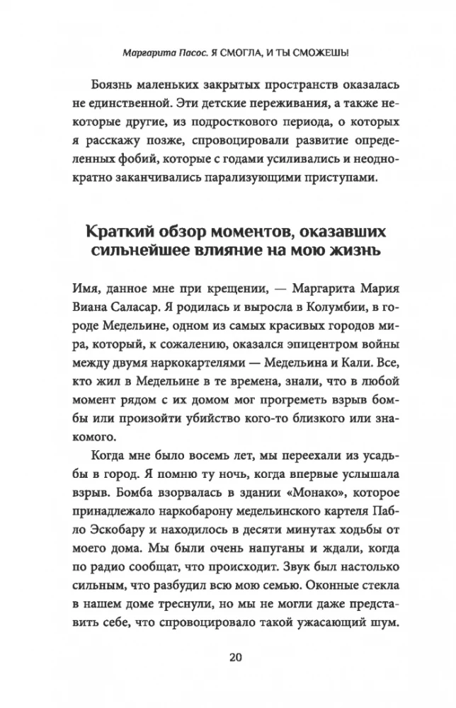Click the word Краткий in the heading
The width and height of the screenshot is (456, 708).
coord(120,232)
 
